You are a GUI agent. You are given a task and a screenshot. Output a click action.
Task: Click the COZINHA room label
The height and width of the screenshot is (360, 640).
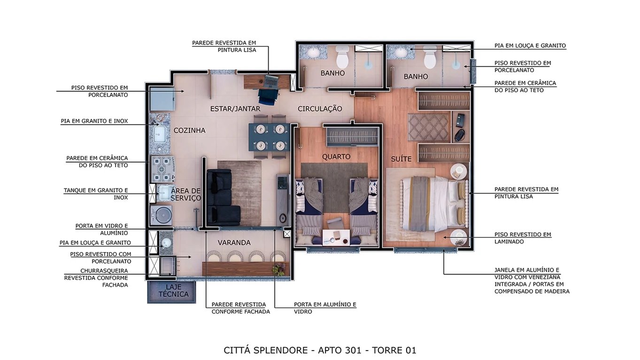189,130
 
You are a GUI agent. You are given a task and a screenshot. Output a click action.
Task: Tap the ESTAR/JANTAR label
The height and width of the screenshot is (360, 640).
235,109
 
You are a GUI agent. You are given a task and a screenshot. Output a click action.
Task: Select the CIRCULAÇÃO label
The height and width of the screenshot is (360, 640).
319,109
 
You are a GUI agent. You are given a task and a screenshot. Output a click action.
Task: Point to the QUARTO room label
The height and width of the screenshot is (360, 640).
336,157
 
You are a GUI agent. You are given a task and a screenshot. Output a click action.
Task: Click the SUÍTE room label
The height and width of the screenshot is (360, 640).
401,159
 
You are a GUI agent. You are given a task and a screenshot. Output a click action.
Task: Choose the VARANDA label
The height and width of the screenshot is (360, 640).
234,243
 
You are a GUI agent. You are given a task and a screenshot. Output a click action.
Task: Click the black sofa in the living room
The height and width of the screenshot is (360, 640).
222,197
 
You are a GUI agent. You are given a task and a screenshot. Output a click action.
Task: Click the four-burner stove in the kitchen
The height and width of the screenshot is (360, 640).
162,169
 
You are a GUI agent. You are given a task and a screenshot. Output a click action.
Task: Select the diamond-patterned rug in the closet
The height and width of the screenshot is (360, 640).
429,127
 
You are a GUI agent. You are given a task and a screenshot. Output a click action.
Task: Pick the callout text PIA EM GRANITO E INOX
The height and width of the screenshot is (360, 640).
94,121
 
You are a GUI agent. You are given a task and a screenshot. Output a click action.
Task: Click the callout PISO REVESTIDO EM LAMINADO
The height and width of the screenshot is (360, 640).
523,238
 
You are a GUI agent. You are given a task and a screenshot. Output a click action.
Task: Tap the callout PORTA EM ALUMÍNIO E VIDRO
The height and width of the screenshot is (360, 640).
325,308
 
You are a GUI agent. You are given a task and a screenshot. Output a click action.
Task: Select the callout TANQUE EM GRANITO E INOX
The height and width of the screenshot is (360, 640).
96,194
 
